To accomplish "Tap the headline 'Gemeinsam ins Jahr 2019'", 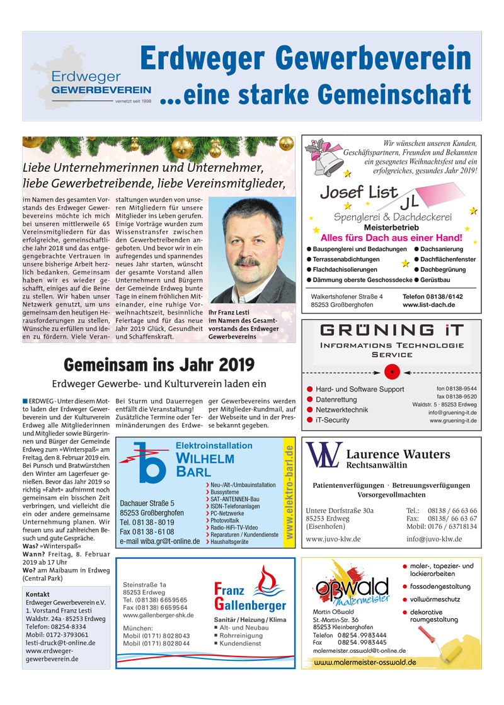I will (159, 364).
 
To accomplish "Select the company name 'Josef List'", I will (358, 192).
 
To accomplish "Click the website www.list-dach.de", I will (428, 305).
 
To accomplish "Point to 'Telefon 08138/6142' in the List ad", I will (432, 296).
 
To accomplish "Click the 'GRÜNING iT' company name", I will (391, 330).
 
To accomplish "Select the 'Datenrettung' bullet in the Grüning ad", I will (336, 400).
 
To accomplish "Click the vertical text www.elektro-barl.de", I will (289, 492).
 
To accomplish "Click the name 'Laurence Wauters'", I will (398, 454).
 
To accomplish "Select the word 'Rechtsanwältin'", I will (377, 466).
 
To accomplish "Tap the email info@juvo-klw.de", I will (434, 539).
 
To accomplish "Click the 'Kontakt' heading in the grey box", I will (38, 594).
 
